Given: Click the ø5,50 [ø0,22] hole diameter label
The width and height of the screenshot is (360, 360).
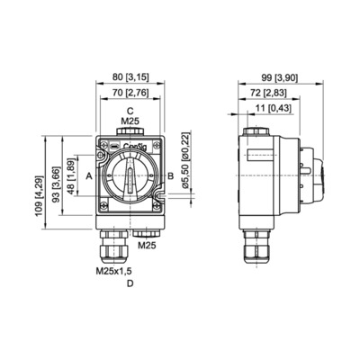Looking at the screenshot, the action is (186, 160).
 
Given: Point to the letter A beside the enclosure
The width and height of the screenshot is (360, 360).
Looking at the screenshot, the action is (89, 176).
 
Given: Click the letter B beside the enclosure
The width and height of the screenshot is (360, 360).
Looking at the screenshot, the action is (170, 175).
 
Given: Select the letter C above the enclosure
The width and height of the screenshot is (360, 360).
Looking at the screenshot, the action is (130, 111).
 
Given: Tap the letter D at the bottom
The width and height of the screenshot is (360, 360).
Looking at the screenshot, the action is (130, 283).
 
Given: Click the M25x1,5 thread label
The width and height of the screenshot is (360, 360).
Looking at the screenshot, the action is (113, 271).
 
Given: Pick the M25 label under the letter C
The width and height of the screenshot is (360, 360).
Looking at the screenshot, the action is (130, 121).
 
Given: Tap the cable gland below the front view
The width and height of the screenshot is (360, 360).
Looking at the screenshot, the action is (114, 246).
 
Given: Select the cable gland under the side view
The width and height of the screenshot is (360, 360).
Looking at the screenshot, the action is (257, 247).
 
